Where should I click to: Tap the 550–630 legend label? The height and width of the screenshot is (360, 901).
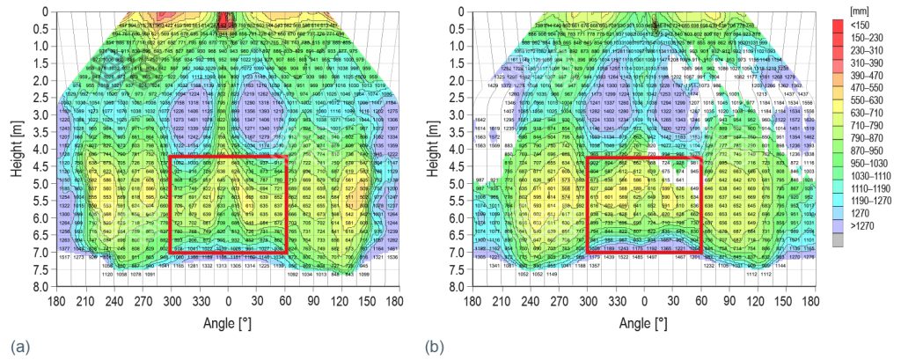(x=868, y=101)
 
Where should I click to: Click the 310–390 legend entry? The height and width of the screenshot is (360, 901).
(x=868, y=63)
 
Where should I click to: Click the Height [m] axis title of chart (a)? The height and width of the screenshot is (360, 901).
(x=16, y=150)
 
